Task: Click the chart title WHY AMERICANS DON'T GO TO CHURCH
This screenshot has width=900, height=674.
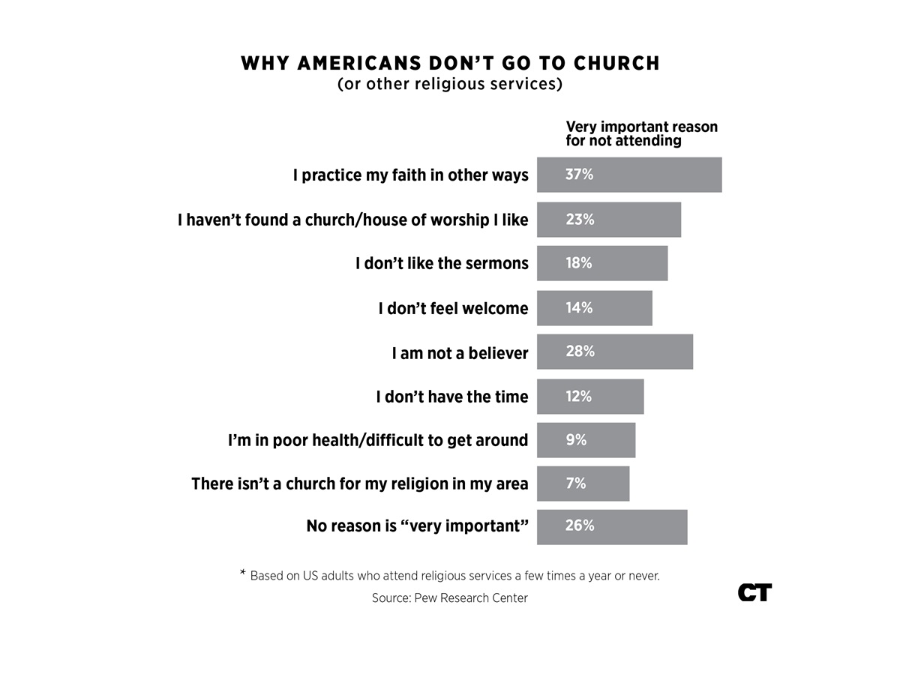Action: click(450, 63)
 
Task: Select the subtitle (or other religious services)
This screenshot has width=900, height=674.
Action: click(450, 84)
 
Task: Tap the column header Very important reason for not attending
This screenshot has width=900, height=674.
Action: click(641, 133)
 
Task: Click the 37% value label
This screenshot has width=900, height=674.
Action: click(579, 175)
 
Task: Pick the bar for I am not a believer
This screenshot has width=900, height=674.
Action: click(615, 352)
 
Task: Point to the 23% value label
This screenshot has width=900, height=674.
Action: click(580, 220)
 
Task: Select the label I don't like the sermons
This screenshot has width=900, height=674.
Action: click(442, 263)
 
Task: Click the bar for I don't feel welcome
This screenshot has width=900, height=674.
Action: click(595, 308)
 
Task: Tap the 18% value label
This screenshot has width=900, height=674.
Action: click(579, 263)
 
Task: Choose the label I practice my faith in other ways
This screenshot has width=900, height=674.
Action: click(410, 175)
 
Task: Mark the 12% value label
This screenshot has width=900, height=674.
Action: click(579, 396)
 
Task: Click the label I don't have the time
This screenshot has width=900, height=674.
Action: click(452, 396)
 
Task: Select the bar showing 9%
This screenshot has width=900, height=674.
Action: click(586, 440)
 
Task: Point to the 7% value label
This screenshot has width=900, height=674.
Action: click(576, 484)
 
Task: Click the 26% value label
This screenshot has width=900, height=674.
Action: click(580, 526)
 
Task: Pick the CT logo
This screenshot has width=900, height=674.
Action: click(754, 592)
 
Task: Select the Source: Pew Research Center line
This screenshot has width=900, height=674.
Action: click(450, 598)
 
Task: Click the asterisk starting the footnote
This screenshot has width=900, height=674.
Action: click(242, 574)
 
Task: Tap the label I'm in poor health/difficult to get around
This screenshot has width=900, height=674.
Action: click(378, 440)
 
